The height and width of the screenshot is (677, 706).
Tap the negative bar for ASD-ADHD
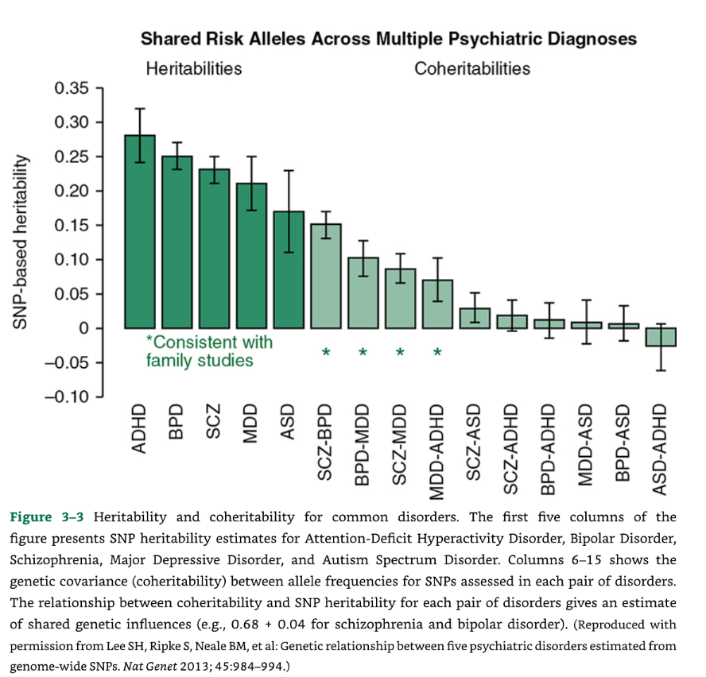(660, 337)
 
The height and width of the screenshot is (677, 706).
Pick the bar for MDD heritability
(251, 255)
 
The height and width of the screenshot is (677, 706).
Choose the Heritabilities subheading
(194, 69)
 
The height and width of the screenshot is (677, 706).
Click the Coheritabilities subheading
(472, 69)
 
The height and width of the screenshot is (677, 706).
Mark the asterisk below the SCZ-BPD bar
(326, 352)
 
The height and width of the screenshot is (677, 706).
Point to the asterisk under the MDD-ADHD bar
(437, 352)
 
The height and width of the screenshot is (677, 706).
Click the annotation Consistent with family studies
(208, 351)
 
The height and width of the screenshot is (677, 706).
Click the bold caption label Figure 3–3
(44, 517)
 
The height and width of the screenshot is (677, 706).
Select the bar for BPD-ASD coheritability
(623, 326)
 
